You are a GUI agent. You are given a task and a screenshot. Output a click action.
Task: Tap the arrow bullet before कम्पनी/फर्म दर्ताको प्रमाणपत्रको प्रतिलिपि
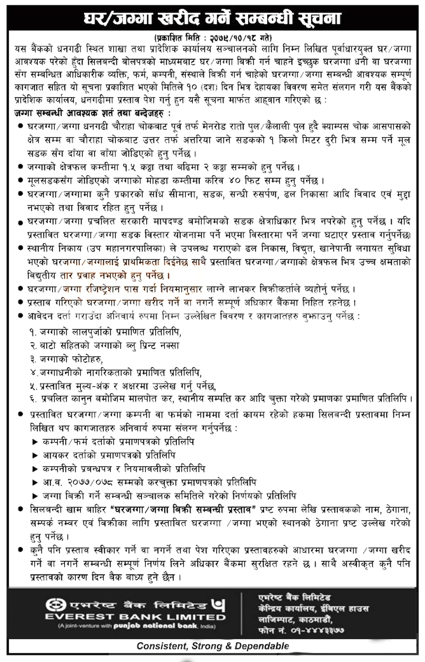click(35, 442)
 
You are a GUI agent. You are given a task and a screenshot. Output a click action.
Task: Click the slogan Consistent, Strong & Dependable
click(213, 646)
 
